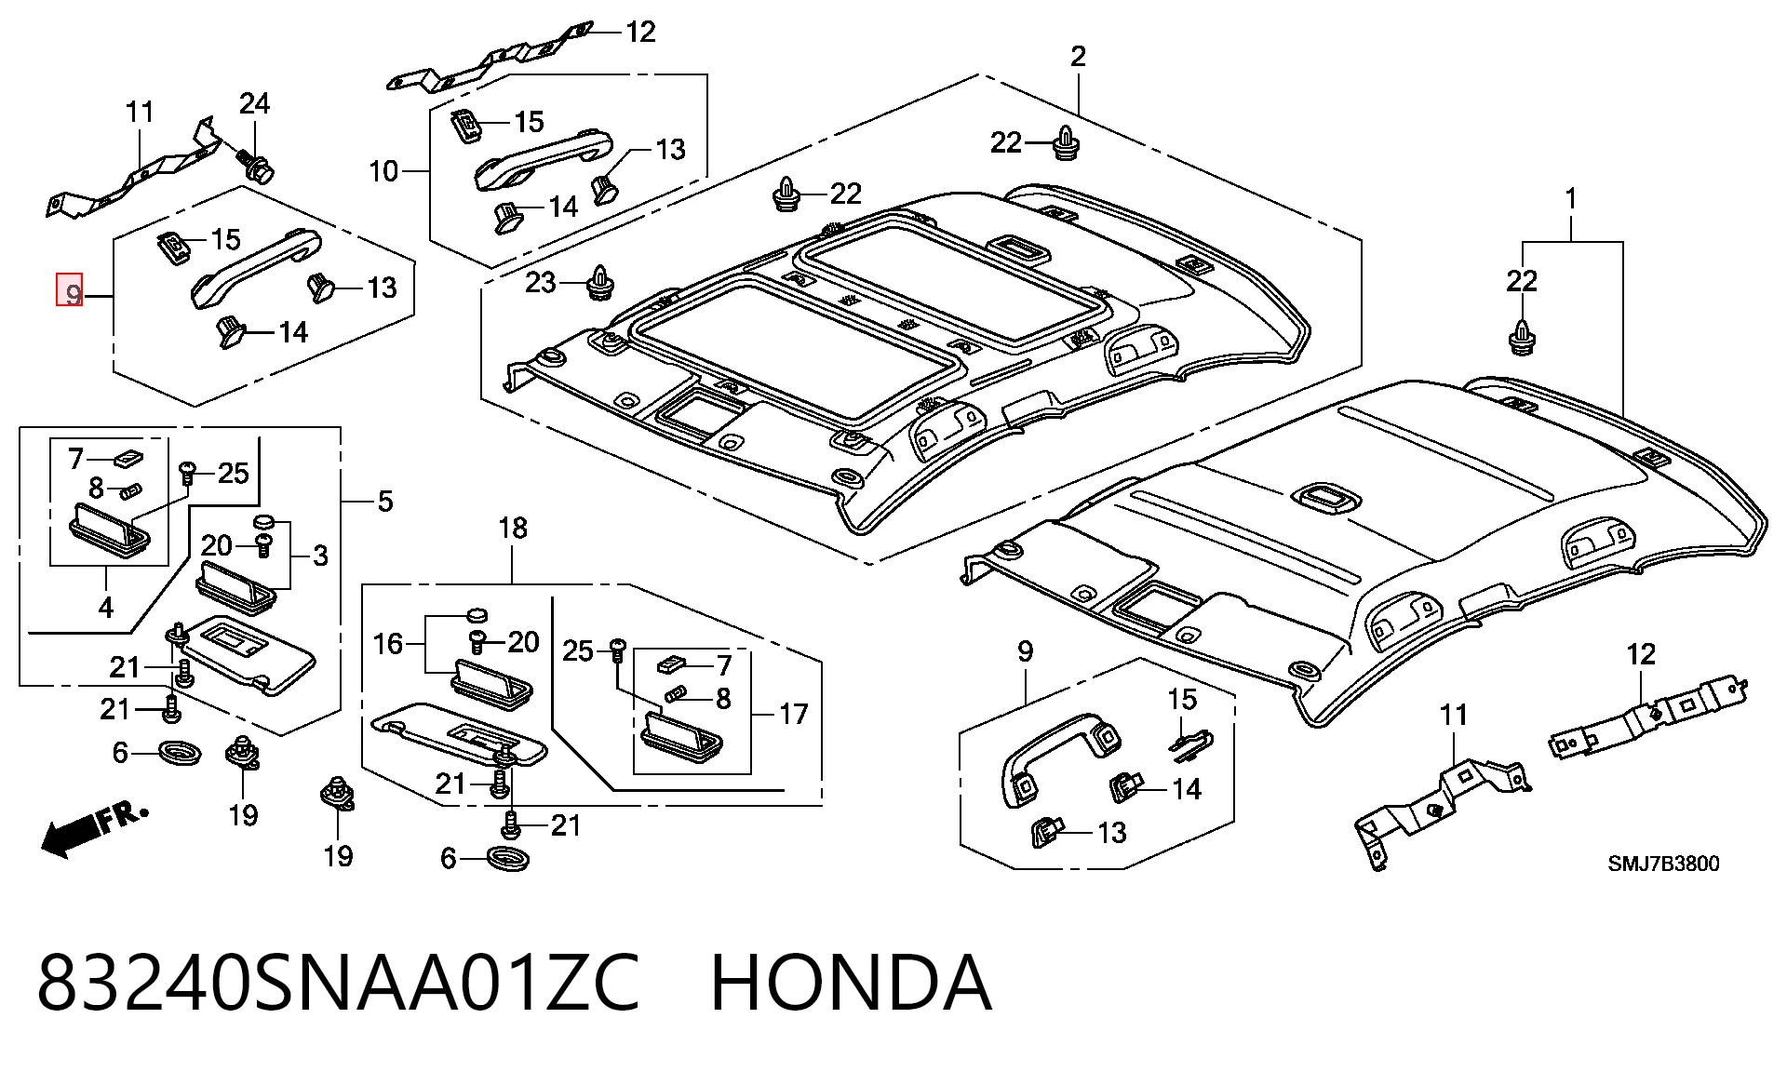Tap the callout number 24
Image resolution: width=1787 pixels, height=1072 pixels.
[254, 103]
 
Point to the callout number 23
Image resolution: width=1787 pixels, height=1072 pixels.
[541, 282]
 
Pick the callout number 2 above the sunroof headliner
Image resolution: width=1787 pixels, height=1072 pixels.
[1078, 57]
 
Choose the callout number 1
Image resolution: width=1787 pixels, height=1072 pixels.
[1571, 199]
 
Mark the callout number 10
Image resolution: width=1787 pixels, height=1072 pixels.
[383, 171]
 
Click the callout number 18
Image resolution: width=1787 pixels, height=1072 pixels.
[513, 529]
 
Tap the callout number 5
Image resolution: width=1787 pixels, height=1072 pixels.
[385, 502]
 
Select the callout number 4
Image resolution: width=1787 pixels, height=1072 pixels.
[106, 608]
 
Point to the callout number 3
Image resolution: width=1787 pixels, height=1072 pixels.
[320, 556]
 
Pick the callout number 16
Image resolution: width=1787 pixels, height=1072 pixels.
[388, 643]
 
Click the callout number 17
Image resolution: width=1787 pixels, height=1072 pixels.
[793, 714]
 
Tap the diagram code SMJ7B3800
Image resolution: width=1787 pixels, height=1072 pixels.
[1663, 864]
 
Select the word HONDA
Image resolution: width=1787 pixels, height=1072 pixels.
[851, 983]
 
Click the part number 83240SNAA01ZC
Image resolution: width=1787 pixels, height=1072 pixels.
[338, 983]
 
